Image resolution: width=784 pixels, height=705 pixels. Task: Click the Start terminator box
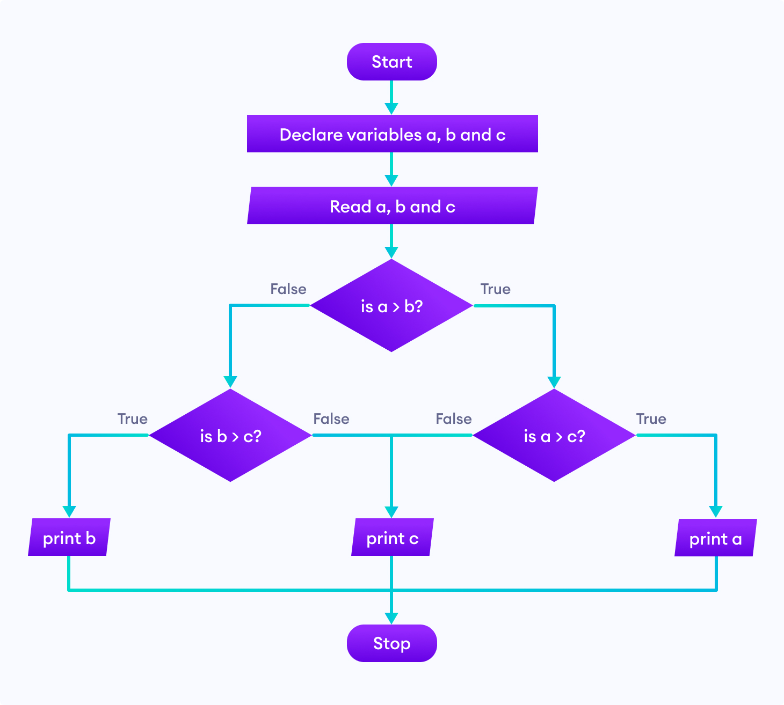click(391, 62)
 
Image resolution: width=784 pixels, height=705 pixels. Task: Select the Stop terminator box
click(391, 643)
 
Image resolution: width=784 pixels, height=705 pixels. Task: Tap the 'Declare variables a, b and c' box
click(392, 134)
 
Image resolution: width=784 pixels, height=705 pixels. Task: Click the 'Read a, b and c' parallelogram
click(392, 206)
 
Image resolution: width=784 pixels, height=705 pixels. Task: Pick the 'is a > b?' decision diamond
click(391, 306)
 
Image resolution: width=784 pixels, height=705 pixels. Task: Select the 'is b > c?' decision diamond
click(230, 436)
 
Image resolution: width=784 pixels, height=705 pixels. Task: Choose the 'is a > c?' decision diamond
click(554, 436)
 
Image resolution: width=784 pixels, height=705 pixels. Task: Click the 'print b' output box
click(69, 538)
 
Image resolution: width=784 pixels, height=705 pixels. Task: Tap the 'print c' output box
click(392, 538)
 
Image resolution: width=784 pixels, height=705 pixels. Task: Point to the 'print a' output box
click(715, 538)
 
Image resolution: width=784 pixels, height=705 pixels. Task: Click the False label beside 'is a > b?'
click(288, 289)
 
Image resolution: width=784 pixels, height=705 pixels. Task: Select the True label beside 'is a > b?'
click(495, 289)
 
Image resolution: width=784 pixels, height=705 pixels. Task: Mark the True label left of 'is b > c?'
click(133, 419)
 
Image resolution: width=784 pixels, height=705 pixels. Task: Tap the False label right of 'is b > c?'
click(331, 419)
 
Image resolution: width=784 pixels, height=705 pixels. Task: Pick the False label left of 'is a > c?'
click(454, 419)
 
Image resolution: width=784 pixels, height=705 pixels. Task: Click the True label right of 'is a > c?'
click(651, 419)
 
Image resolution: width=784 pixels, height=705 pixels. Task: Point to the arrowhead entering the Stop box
click(391, 618)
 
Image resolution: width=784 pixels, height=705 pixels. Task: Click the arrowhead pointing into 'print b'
click(69, 511)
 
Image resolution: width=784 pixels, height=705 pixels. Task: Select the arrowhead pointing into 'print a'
click(715, 511)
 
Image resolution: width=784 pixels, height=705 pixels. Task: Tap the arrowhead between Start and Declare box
click(391, 108)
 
